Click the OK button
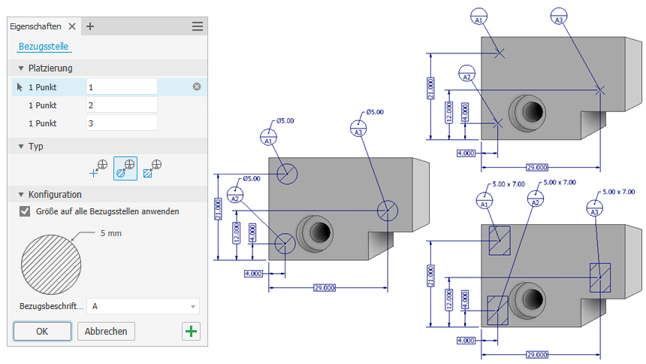click(x=42, y=331)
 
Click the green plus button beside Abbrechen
click(x=192, y=331)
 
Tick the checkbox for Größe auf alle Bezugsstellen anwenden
click(x=25, y=211)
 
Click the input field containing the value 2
click(x=122, y=105)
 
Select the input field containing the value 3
click(x=122, y=123)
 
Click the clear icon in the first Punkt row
click(x=197, y=86)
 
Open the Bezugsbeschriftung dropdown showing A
click(x=143, y=306)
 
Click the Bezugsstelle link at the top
click(x=44, y=47)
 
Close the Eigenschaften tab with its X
click(x=72, y=26)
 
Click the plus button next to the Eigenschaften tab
click(x=90, y=26)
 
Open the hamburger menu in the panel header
click(x=198, y=26)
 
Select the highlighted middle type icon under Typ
click(x=125, y=168)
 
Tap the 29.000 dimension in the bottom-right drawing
click(x=536, y=354)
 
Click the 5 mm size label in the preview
click(x=110, y=233)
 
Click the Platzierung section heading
click(x=50, y=68)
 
